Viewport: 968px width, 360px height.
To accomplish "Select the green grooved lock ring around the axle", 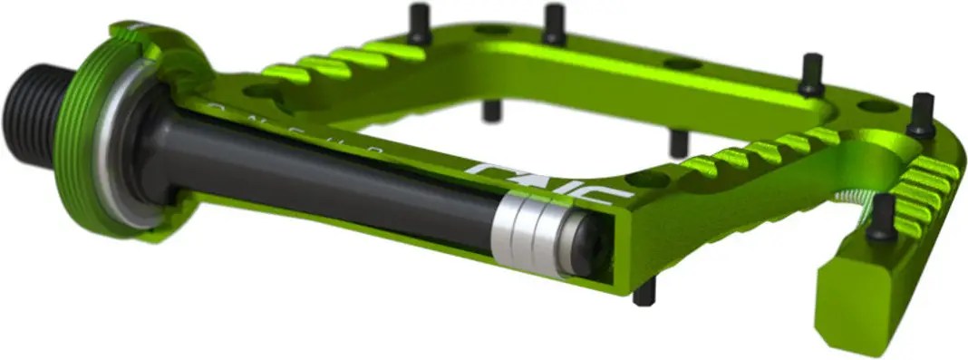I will pyautogui.click(x=98, y=136).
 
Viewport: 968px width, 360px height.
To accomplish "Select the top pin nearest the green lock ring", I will pyautogui.click(x=419, y=24).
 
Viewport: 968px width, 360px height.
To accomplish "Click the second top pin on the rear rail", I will pyautogui.click(x=555, y=24).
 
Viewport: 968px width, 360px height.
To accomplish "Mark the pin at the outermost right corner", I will pyautogui.click(x=923, y=114).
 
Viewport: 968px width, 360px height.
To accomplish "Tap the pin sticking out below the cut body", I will pyautogui.click(x=644, y=292).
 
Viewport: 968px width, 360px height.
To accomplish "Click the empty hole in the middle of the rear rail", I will pyautogui.click(x=681, y=64).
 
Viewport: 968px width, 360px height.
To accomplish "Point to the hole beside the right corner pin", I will pyautogui.click(x=876, y=106).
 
